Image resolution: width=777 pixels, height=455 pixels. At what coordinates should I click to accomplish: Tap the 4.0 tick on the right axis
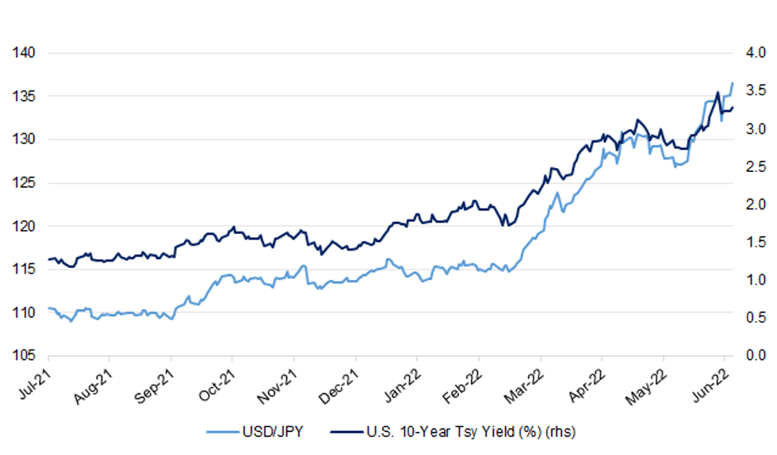pyautogui.click(x=752, y=53)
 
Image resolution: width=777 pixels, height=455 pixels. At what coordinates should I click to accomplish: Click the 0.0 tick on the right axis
pyautogui.click(x=752, y=355)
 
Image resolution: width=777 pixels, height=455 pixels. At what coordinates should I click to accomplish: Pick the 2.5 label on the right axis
pyautogui.click(x=752, y=166)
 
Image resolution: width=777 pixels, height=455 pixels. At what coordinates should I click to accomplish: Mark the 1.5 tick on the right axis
pyautogui.click(x=752, y=242)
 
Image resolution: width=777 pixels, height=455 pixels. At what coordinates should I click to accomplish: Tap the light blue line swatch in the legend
pyautogui.click(x=223, y=432)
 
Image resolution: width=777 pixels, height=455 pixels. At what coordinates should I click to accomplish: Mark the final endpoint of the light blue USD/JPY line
pyautogui.click(x=733, y=82)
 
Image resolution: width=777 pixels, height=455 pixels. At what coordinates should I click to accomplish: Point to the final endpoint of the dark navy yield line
pyautogui.click(x=733, y=108)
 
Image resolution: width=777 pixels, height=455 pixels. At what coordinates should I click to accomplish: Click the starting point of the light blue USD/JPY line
pyautogui.click(x=49, y=308)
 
